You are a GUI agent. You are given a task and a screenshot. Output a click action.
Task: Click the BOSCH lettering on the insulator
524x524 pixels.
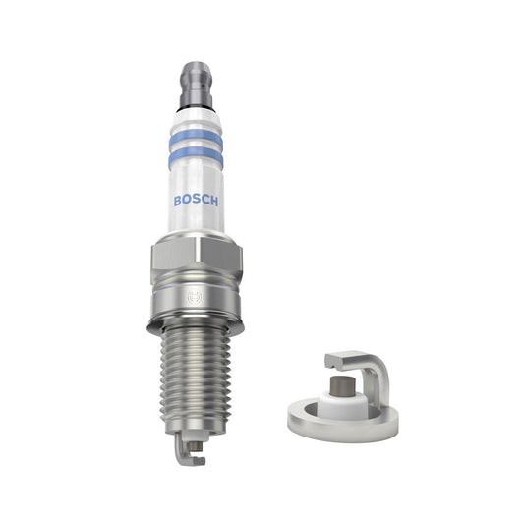pyautogui.click(x=197, y=199)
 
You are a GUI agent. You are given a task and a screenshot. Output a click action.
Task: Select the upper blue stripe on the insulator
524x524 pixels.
pyautogui.click(x=196, y=137)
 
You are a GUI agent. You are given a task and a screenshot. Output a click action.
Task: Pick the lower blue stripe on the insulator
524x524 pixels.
pyautogui.click(x=196, y=155)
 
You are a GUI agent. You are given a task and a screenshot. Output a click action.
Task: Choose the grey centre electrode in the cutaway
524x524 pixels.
pyautogui.click(x=341, y=379)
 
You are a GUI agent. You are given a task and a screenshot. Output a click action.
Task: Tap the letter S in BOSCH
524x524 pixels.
pyautogui.click(x=197, y=199)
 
